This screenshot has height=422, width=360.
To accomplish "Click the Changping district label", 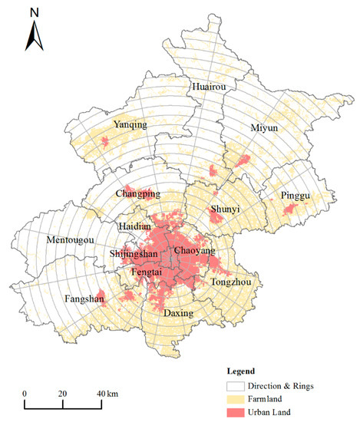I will coord(138,193).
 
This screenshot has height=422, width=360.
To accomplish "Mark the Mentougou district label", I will coord(71,240).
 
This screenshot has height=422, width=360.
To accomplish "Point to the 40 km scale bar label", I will coord(107,394).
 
